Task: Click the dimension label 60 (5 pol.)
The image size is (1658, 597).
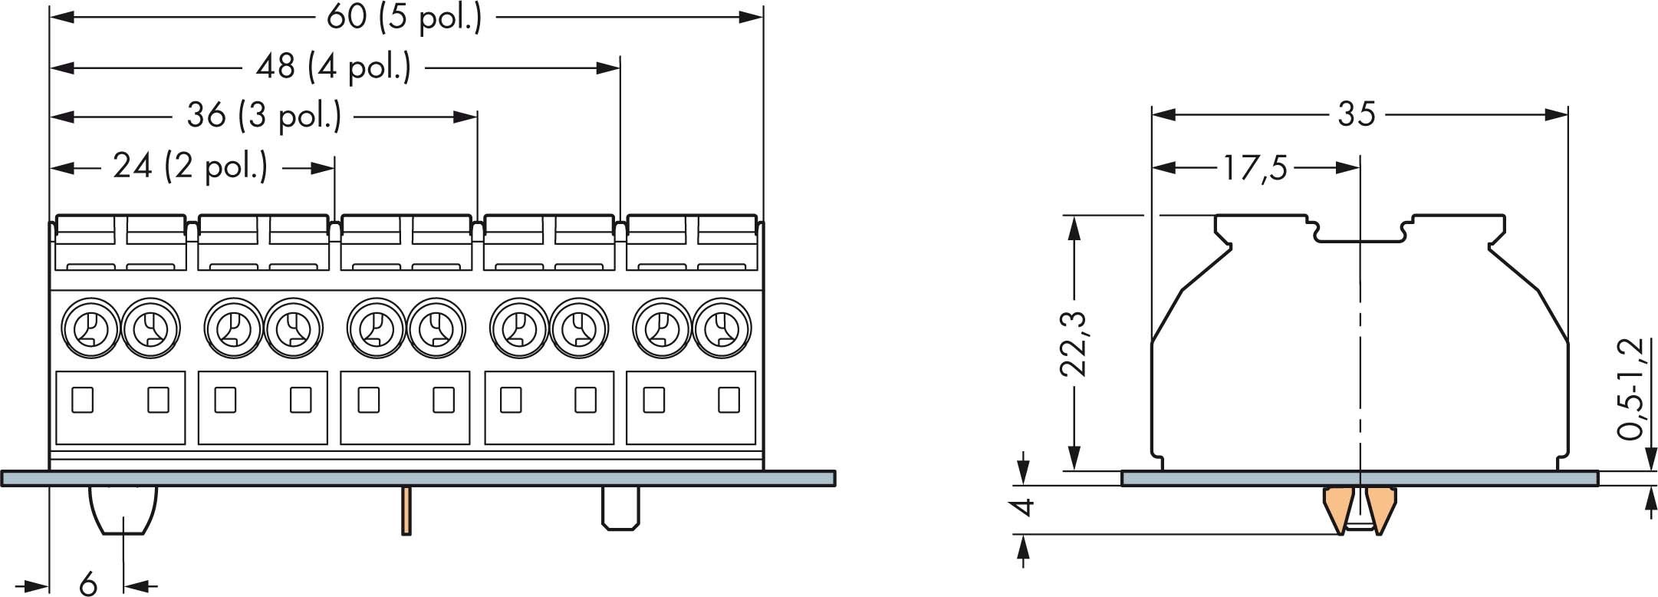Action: [404, 18]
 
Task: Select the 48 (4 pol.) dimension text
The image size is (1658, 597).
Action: [333, 68]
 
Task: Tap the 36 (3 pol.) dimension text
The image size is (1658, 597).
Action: [264, 117]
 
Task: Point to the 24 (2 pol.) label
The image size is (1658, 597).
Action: [190, 167]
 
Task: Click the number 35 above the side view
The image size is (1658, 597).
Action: [1357, 115]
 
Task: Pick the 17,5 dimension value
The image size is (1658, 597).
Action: [1255, 168]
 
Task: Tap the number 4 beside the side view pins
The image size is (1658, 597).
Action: [1023, 507]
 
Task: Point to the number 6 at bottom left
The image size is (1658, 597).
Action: [88, 585]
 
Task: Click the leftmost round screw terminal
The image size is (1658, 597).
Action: [90, 328]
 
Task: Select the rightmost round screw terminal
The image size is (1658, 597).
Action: [722, 328]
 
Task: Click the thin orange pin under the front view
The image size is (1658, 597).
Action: [406, 510]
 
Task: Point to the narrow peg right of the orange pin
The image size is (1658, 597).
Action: [620, 507]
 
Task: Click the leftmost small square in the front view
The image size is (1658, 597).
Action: [82, 400]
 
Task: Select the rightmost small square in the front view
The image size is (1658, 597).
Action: [728, 400]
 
